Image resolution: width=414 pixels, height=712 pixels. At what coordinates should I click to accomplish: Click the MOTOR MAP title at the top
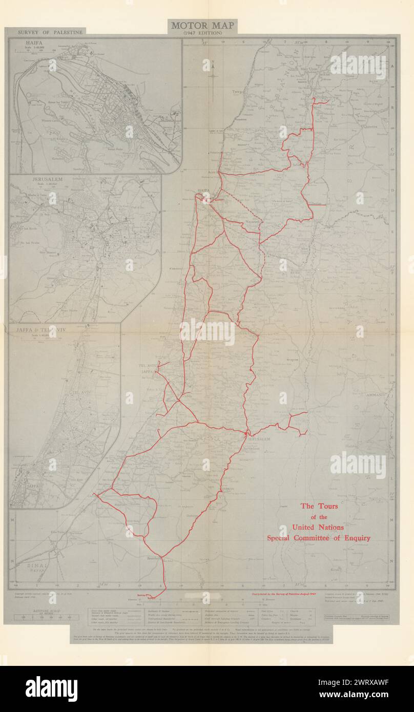[x=203, y=25]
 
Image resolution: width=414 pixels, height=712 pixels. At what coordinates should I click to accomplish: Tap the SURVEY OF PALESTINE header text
[x=50, y=32]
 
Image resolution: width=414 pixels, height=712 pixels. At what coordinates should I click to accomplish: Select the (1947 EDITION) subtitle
[x=203, y=33]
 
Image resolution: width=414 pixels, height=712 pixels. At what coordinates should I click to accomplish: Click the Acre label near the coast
[x=213, y=173]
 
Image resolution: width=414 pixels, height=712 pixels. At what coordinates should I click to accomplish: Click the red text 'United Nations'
[x=318, y=527]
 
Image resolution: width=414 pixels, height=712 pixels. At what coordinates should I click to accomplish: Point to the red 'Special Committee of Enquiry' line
[x=318, y=538]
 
